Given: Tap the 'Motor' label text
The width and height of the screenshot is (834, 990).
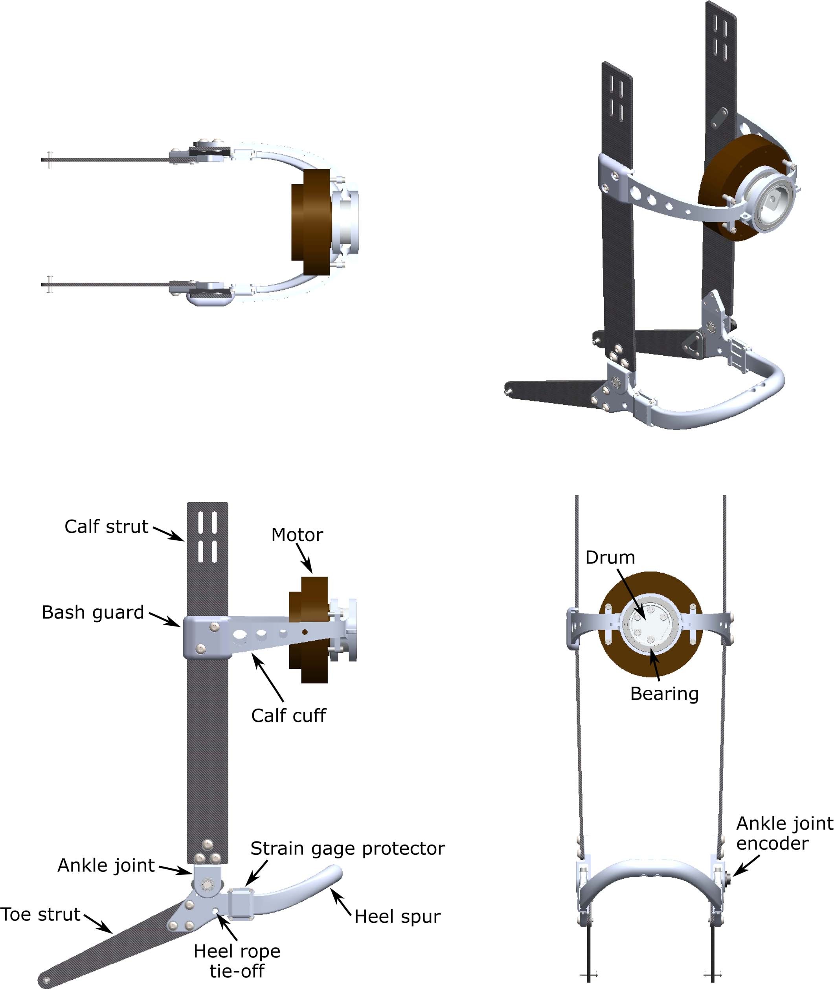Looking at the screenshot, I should (x=297, y=535).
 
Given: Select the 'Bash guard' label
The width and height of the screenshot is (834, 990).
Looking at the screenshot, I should (x=93, y=612).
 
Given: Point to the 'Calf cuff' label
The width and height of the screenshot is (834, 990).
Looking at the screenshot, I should (x=288, y=716).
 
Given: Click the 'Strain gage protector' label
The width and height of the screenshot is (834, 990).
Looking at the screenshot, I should (x=347, y=849).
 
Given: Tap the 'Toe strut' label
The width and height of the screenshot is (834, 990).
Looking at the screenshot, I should (x=40, y=915).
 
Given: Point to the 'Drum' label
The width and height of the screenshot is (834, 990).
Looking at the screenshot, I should (x=610, y=557).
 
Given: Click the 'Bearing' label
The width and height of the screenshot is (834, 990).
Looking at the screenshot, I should (x=664, y=694).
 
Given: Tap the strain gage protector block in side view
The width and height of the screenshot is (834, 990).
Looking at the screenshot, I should (x=241, y=904).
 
